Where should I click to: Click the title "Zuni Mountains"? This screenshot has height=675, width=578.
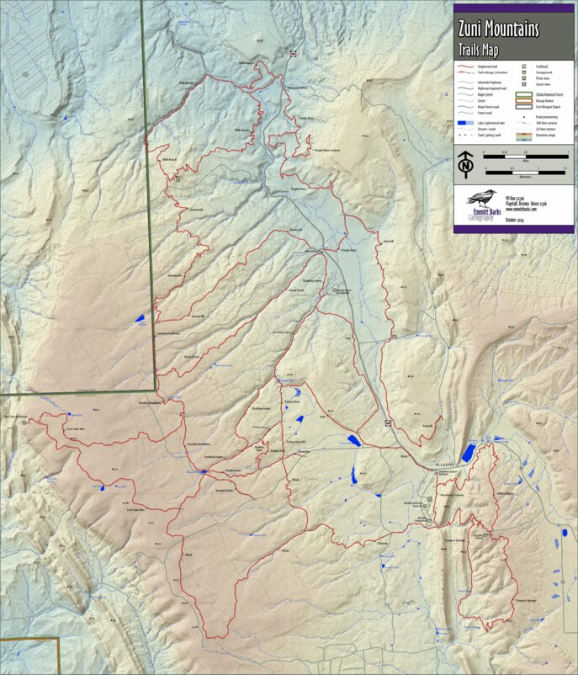pyautogui.click(x=499, y=30)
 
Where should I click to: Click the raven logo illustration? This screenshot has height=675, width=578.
pyautogui.click(x=480, y=202)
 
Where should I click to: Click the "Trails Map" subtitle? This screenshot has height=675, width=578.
pyautogui.click(x=479, y=48)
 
